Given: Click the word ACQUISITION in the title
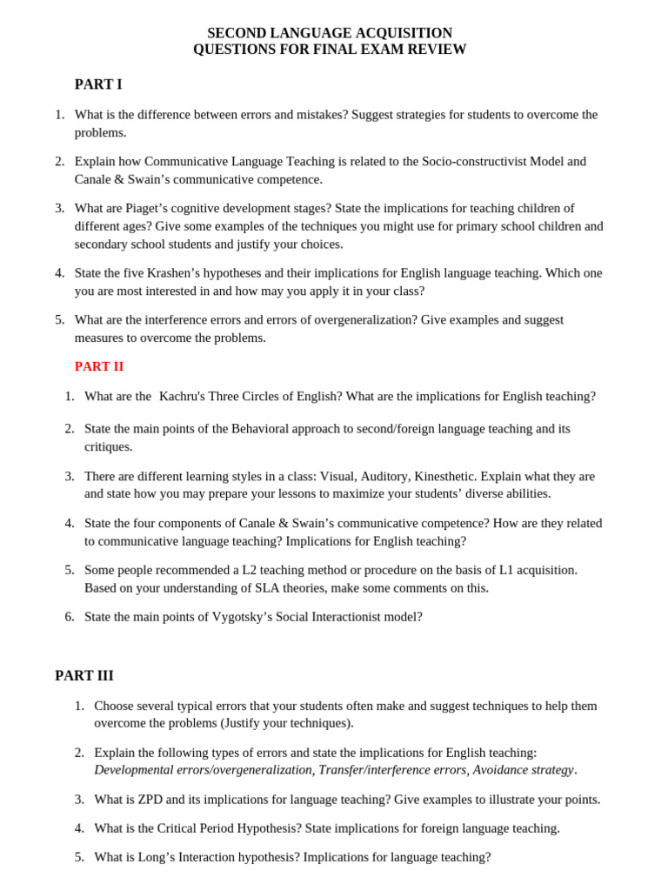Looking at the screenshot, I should point(404,33).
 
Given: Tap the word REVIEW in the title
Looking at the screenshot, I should point(438,50).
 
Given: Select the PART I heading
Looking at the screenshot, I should point(98,84).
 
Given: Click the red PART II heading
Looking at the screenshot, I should point(99,366).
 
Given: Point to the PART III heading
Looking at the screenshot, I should point(84,675).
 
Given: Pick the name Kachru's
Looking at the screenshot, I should point(189,397).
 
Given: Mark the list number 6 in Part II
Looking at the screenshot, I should point(70,617).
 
